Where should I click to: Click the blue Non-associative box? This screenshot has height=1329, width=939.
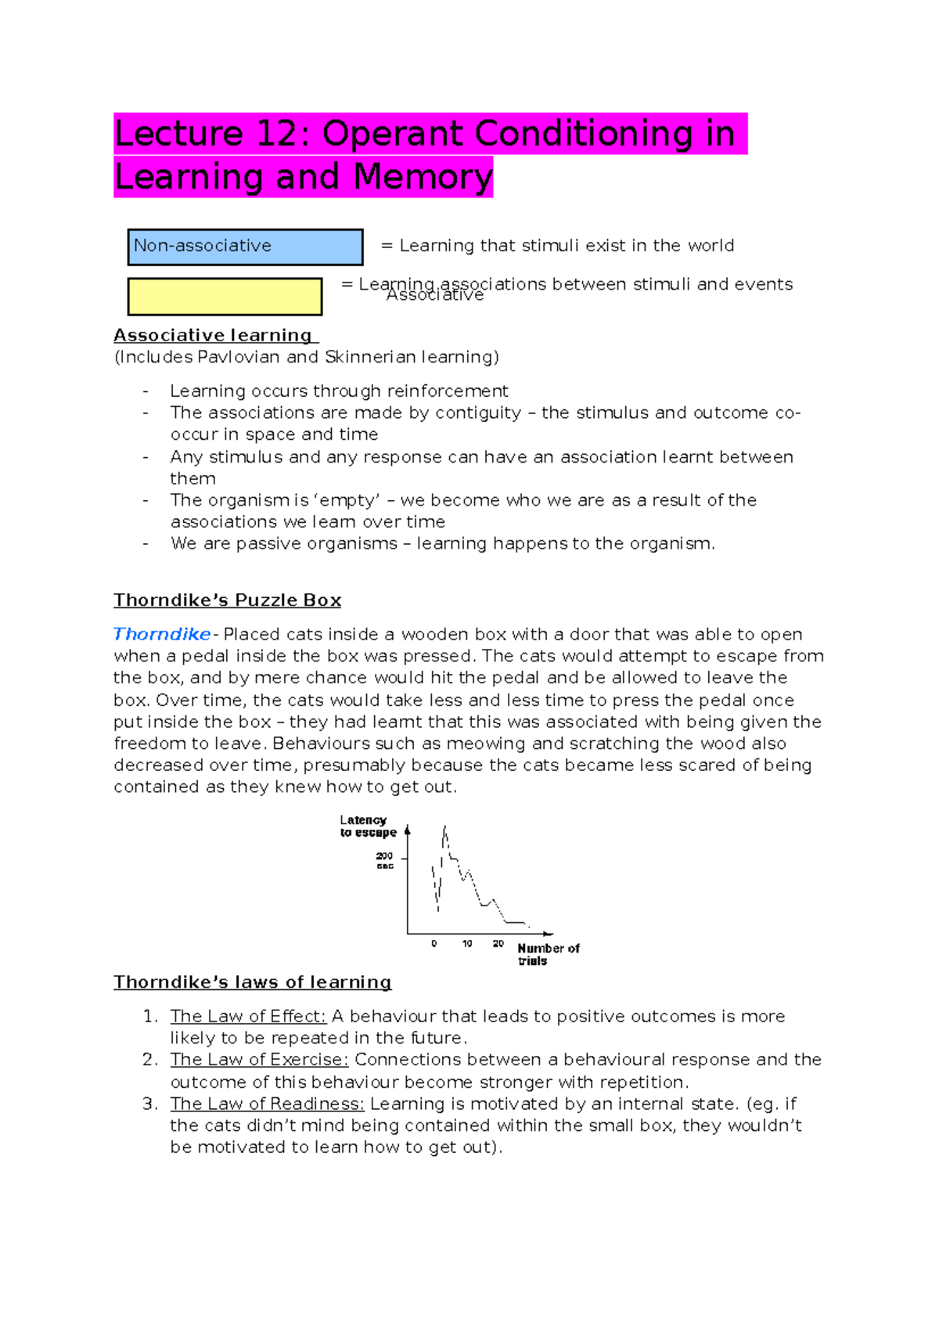click(x=245, y=247)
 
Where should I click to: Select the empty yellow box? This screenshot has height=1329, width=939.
click(x=225, y=297)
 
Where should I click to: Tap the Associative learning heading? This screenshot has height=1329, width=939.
click(x=213, y=336)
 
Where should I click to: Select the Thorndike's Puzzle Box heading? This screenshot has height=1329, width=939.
click(x=227, y=600)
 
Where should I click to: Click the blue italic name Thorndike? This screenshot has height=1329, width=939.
click(x=162, y=635)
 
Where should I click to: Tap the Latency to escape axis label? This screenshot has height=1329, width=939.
click(x=367, y=827)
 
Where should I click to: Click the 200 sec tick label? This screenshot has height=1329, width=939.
click(x=384, y=861)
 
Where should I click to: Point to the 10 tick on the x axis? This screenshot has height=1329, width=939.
click(x=467, y=944)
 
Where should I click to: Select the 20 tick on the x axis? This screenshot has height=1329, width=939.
click(x=498, y=944)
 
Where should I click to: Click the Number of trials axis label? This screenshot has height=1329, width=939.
click(x=547, y=954)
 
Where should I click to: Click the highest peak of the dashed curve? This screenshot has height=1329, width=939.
click(x=444, y=827)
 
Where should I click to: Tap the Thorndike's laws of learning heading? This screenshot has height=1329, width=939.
click(x=252, y=982)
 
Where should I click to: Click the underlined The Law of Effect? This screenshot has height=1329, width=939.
click(x=248, y=1017)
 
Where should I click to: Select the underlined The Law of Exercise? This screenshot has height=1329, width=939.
click(x=259, y=1060)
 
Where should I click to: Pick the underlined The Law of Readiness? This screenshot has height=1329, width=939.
click(x=267, y=1104)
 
